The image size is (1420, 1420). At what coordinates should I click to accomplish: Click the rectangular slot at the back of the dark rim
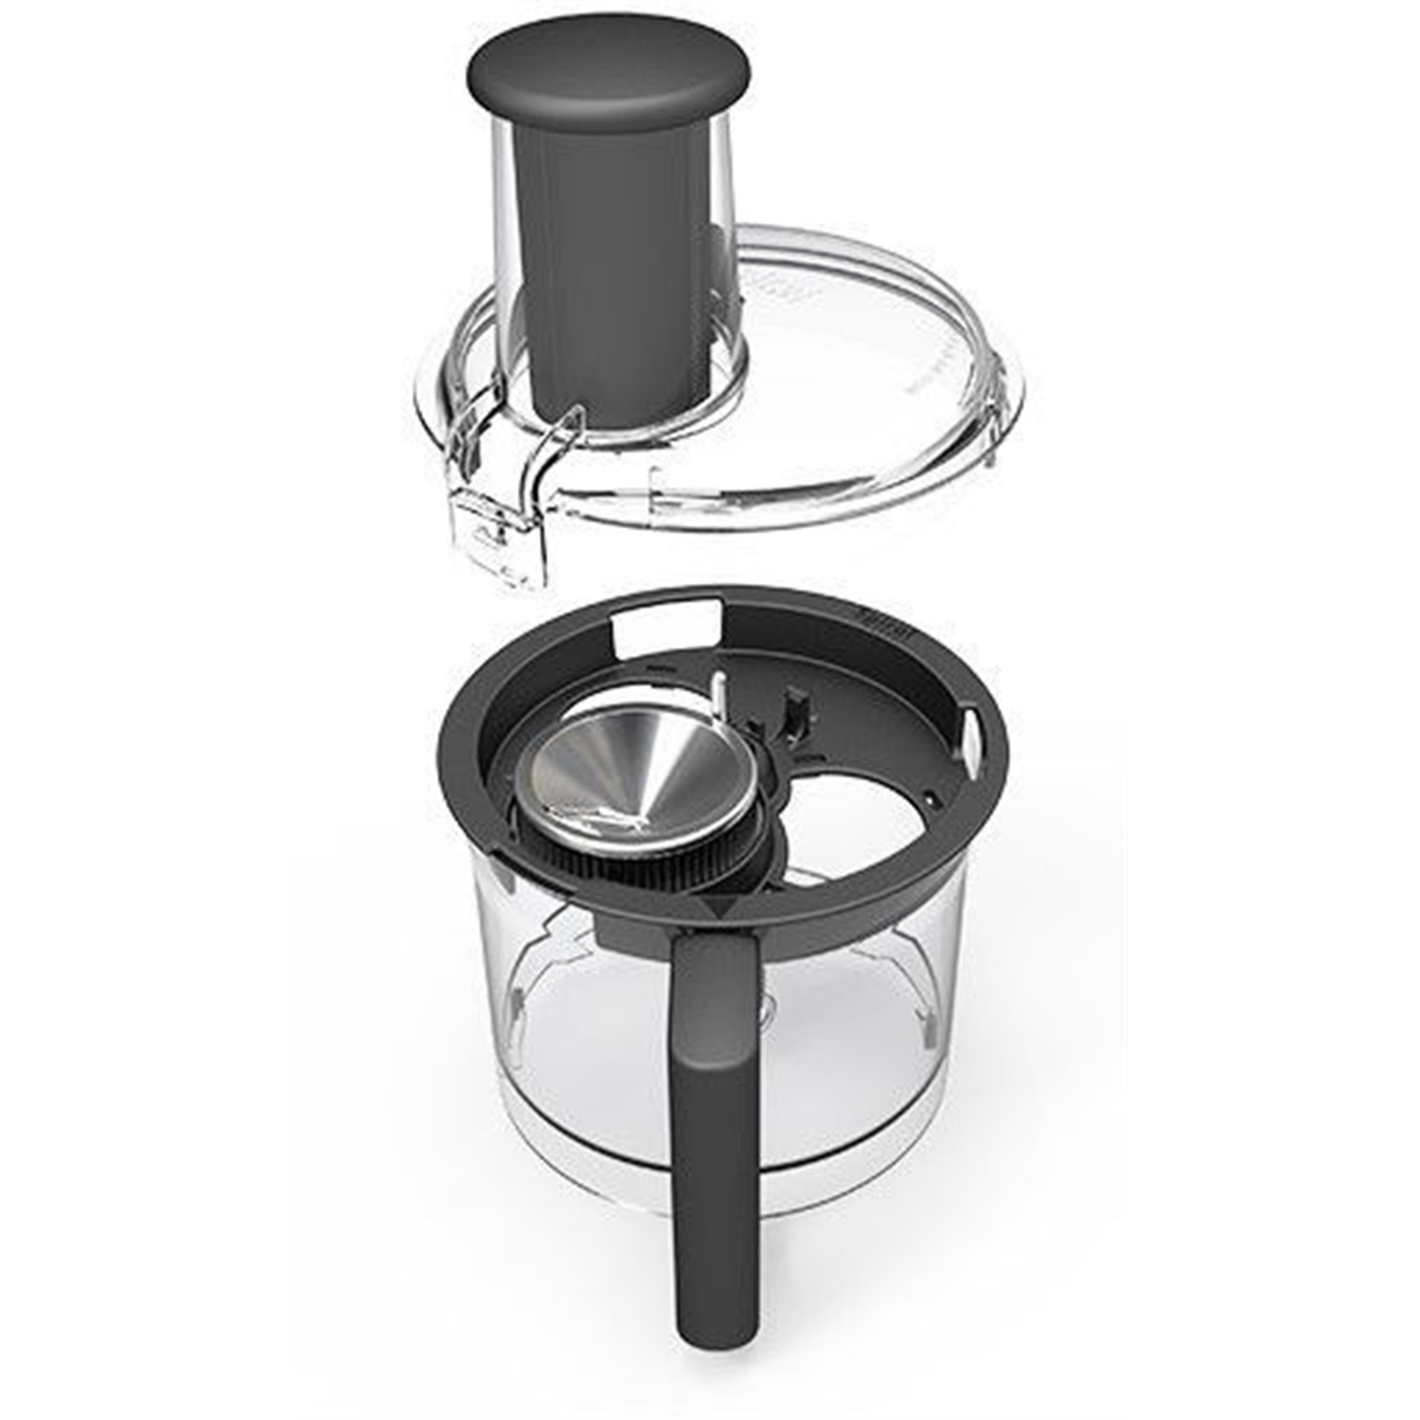pyautogui.click(x=663, y=626)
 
